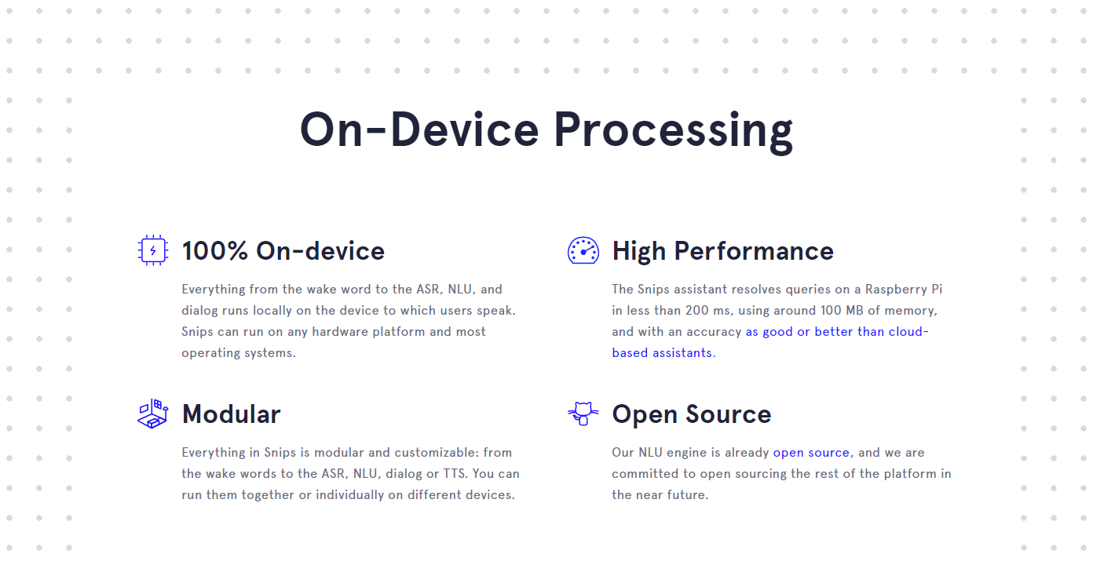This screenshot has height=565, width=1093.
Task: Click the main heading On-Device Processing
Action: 546,130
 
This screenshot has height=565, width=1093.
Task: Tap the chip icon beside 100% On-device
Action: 153,250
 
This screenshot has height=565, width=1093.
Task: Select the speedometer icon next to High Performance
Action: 583,250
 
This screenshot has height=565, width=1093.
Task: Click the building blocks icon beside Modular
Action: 153,414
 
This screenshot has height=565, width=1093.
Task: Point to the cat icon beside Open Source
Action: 583,414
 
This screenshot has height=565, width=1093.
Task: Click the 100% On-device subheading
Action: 283,251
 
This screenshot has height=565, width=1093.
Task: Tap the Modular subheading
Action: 232,414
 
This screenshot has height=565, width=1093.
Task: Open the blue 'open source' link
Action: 811,453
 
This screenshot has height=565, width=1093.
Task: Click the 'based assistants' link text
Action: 662,352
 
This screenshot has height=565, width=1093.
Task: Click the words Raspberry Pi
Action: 904,290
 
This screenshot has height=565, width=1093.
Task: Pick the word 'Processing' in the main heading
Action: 674,130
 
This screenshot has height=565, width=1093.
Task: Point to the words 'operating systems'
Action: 238,353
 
